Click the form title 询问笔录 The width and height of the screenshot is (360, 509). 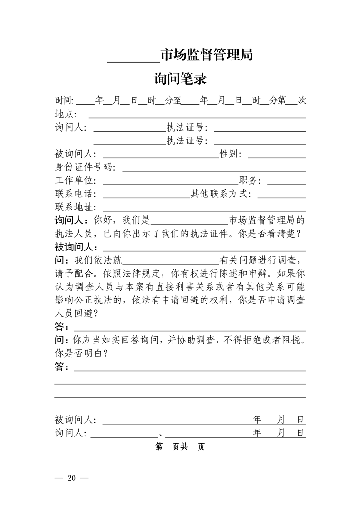click(x=180, y=79)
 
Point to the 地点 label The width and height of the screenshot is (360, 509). click(x=65, y=114)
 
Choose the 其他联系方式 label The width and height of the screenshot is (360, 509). click(x=220, y=194)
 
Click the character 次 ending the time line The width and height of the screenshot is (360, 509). click(x=302, y=101)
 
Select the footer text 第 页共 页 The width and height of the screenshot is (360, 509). click(x=180, y=447)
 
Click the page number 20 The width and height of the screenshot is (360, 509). click(x=71, y=478)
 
